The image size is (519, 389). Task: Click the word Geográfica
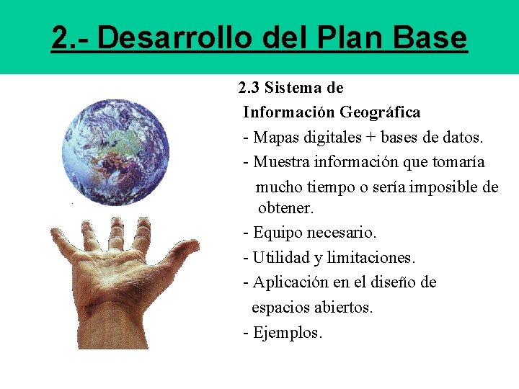point(380,112)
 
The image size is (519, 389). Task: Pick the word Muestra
point(279,161)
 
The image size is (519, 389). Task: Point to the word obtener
point(286,209)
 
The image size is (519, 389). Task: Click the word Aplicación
point(287,282)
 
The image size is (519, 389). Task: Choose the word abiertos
point(343,308)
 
